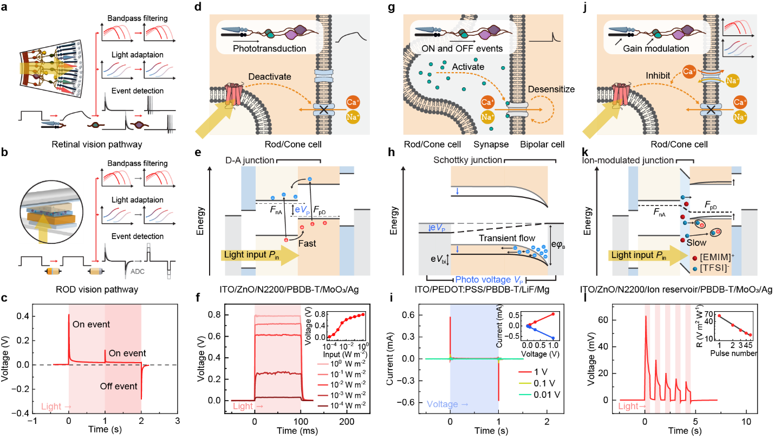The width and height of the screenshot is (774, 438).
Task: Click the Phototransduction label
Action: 269,49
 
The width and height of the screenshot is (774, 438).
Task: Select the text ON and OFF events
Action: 462,49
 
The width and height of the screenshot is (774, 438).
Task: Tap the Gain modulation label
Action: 656,49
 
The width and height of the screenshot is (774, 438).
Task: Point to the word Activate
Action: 467,67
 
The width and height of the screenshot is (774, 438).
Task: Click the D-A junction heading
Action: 250,160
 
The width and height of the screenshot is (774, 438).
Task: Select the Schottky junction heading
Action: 467,160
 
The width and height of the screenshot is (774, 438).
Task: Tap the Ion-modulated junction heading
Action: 627,160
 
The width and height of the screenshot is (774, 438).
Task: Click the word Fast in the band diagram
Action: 307,243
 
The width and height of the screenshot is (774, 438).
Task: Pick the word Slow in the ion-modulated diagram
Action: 697,243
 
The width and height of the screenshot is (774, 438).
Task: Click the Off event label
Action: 119,387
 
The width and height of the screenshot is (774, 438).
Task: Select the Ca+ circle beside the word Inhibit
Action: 689,72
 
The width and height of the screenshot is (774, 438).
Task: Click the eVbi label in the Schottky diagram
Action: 438,259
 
